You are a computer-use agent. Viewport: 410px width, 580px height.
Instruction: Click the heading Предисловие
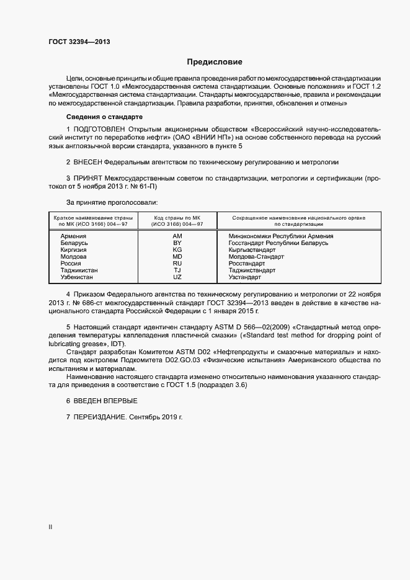click(x=215, y=62)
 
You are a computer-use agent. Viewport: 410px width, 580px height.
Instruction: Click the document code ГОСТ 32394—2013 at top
click(x=79, y=42)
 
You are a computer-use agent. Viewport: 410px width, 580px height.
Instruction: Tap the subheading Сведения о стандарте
click(x=104, y=117)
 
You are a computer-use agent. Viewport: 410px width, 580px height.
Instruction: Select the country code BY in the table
click(x=177, y=243)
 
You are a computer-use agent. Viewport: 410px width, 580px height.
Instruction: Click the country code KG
click(x=177, y=250)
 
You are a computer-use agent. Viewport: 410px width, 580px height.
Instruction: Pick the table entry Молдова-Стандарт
click(x=256, y=257)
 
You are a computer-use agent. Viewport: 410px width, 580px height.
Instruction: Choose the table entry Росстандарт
click(x=246, y=264)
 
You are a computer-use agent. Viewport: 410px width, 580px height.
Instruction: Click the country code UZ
click(x=177, y=277)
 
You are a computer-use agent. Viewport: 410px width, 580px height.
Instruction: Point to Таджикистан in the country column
click(x=78, y=270)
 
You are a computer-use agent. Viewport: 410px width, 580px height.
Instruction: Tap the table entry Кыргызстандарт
click(x=252, y=250)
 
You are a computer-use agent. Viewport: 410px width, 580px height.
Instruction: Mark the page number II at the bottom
click(x=50, y=527)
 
